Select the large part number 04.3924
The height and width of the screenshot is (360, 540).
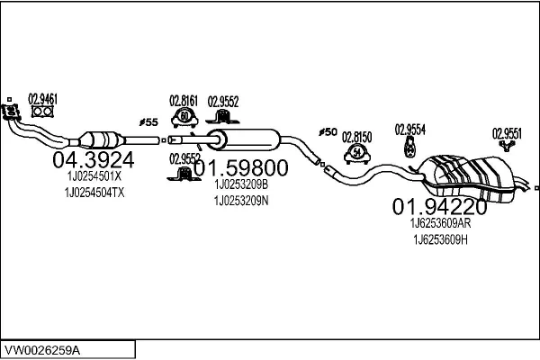click(94, 161)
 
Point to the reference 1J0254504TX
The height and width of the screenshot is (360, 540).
click(95, 192)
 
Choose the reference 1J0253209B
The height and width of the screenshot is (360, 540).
click(240, 185)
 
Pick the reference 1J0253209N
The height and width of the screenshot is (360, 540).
click(240, 201)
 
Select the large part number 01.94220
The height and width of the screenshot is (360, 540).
click(440, 207)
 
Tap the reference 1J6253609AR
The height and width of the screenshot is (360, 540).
click(439, 223)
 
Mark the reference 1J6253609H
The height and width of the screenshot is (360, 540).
click(439, 239)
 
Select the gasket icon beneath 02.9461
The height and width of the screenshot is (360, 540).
click(41, 112)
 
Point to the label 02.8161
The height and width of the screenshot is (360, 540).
click(184, 102)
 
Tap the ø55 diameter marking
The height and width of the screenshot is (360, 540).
click(148, 122)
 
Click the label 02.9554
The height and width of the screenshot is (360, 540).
click(409, 129)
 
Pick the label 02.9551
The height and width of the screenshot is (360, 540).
click(506, 134)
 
